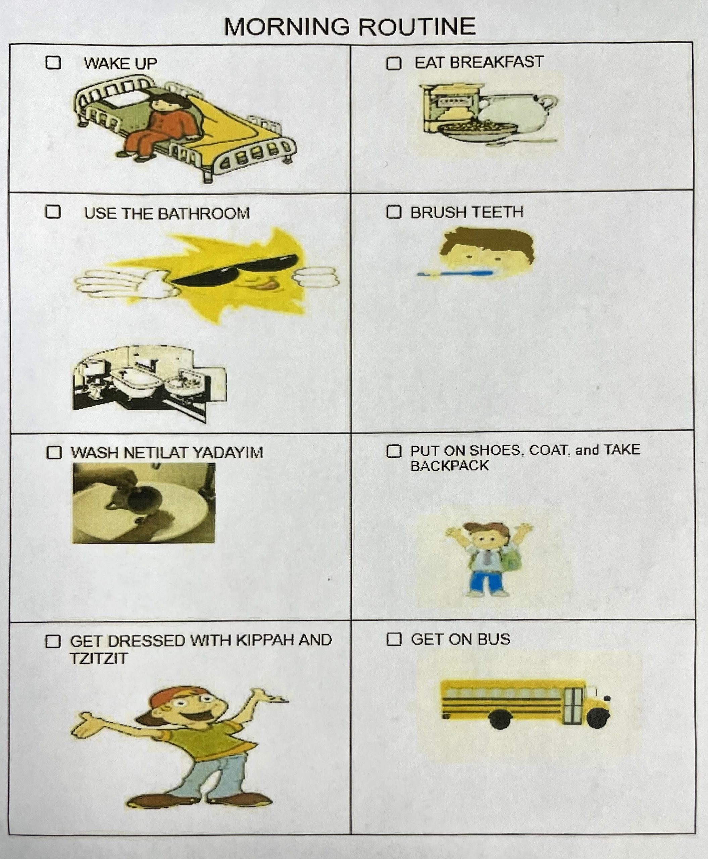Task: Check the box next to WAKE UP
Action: [53, 63]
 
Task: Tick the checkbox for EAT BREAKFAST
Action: [394, 63]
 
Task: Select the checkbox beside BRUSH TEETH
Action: [394, 212]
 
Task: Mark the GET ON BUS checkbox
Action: [394, 639]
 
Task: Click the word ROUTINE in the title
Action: [417, 27]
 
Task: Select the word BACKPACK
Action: [449, 466]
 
